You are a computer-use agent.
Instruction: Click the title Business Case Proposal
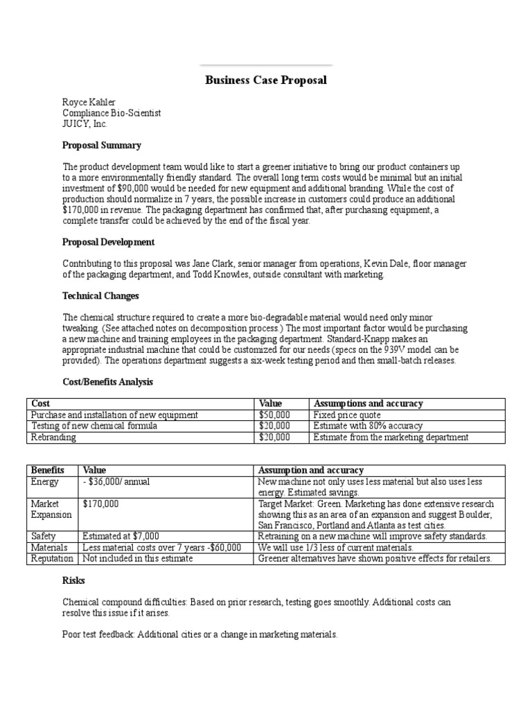pyautogui.click(x=266, y=80)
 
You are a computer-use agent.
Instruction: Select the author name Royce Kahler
pyautogui.click(x=90, y=102)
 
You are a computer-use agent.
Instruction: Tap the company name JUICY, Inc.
pyautogui.click(x=85, y=123)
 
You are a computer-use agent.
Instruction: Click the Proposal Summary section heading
pyautogui.click(x=102, y=146)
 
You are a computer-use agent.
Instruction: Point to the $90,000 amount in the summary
pyautogui.click(x=141, y=188)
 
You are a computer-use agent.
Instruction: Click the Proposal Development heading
pyautogui.click(x=109, y=242)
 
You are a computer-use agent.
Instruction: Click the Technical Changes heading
pyautogui.click(x=100, y=296)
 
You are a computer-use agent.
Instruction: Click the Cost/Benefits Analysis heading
pyautogui.click(x=107, y=382)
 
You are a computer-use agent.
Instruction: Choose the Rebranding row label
pyautogui.click(x=54, y=437)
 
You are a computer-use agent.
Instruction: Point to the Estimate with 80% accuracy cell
pyautogui.click(x=368, y=426)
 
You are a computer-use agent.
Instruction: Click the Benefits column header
pyautogui.click(x=48, y=470)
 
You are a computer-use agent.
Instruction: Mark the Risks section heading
pyautogui.click(x=73, y=580)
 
